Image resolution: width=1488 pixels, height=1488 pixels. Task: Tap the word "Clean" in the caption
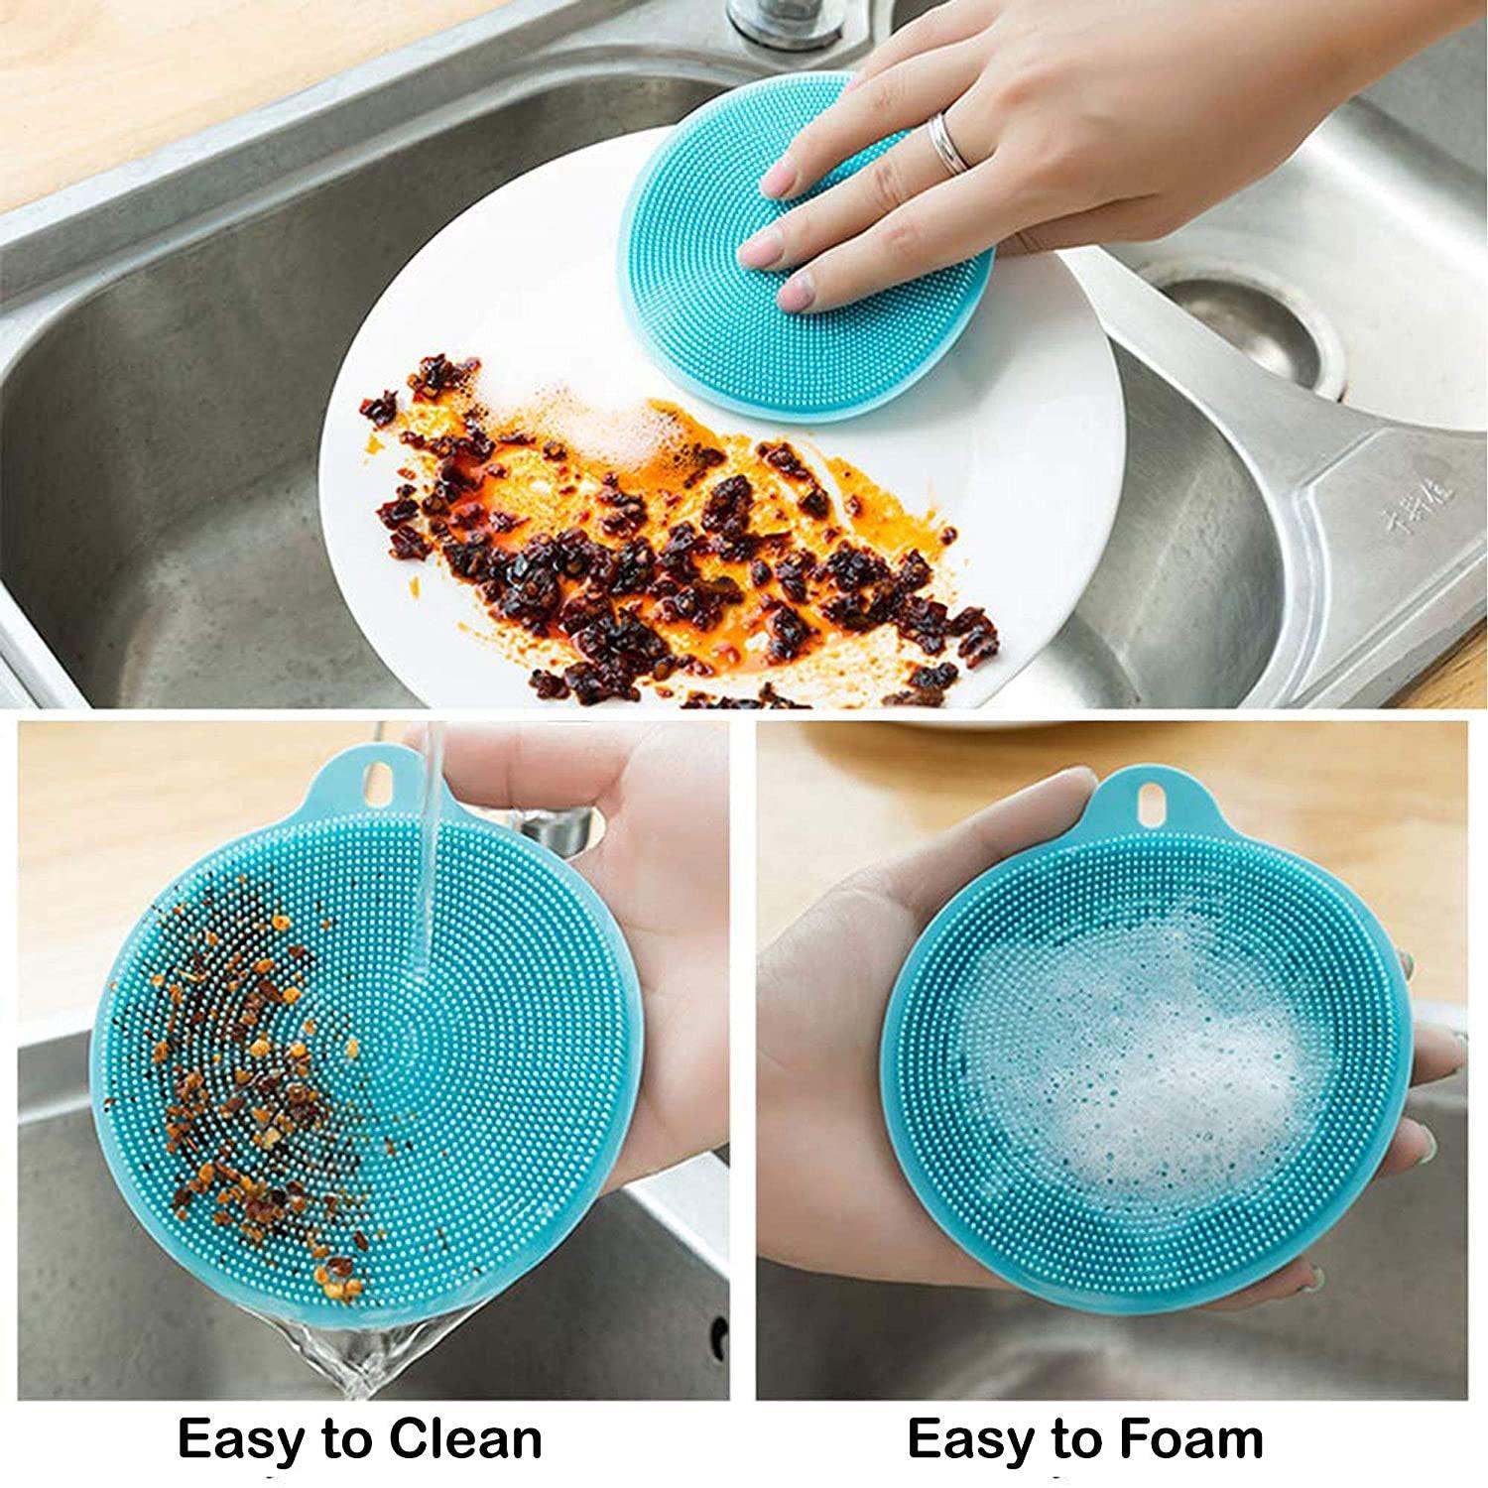point(465,1438)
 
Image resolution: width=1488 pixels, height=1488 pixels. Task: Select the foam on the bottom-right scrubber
point(1131,1061)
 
